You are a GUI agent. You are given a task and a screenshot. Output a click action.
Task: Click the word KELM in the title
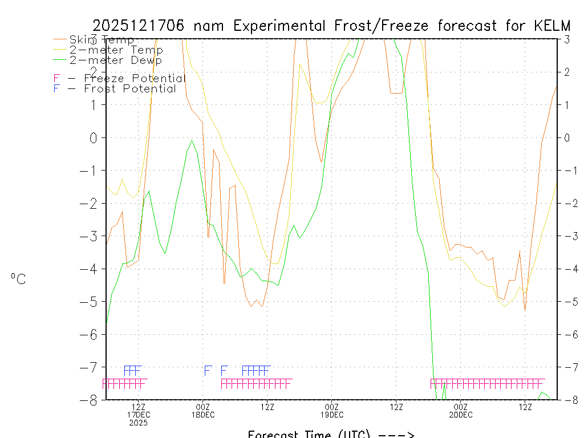click(x=552, y=26)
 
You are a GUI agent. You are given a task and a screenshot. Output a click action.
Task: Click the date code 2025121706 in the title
click(x=138, y=26)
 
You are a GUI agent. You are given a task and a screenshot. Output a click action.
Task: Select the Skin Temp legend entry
click(x=101, y=40)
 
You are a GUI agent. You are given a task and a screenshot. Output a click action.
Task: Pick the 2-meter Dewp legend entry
click(x=115, y=60)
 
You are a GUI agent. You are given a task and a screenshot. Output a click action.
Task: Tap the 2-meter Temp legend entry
click(x=116, y=50)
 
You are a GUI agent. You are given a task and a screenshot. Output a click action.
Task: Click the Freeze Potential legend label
click(x=134, y=78)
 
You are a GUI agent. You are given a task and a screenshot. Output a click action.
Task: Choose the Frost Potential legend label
click(x=129, y=88)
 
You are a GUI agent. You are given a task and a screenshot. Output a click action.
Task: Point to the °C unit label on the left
click(x=18, y=279)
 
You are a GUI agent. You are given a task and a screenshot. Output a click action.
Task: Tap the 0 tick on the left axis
click(x=94, y=137)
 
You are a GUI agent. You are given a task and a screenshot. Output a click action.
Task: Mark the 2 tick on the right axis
click(x=567, y=72)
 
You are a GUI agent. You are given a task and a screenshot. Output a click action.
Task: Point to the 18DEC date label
click(x=203, y=415)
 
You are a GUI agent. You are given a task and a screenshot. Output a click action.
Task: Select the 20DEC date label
click(x=460, y=415)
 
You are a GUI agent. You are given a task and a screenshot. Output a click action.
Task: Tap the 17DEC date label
click(x=139, y=415)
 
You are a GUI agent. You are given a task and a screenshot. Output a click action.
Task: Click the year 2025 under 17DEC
click(x=138, y=423)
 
